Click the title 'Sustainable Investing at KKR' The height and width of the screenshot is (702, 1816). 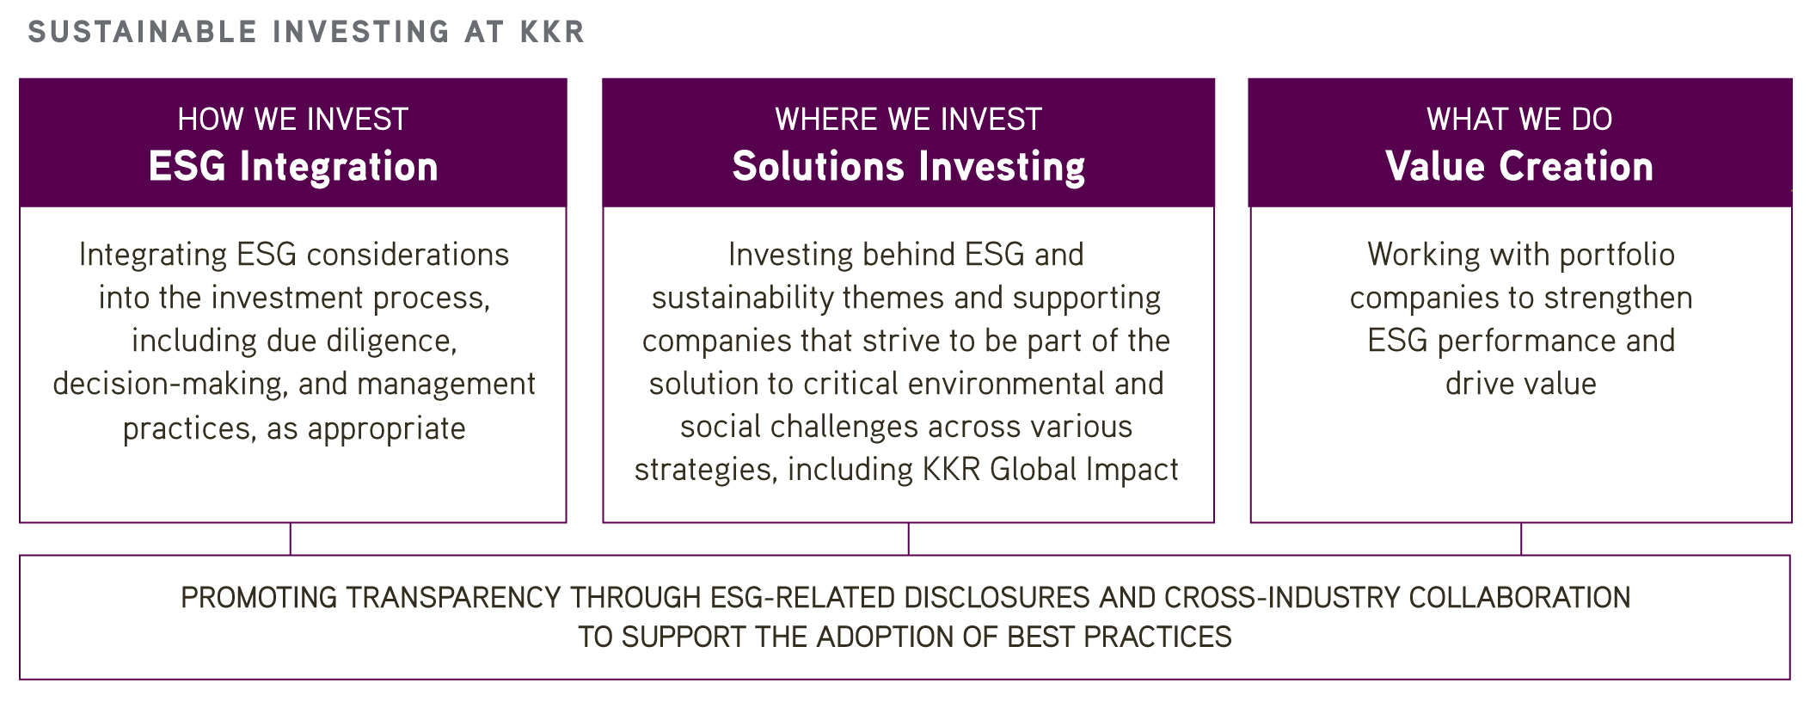click(x=306, y=32)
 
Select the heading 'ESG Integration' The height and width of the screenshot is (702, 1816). click(x=293, y=166)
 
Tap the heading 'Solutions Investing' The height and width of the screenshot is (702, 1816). click(x=908, y=166)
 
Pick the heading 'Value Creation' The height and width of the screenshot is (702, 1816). click(x=1519, y=166)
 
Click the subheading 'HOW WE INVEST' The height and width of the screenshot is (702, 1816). click(x=293, y=119)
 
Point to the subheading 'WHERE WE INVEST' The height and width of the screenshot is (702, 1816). click(x=908, y=119)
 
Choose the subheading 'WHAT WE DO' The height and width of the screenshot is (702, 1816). click(x=1519, y=119)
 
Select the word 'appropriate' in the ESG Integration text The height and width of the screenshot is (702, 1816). click(x=386, y=428)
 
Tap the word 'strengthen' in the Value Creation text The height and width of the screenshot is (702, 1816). click(x=1612, y=298)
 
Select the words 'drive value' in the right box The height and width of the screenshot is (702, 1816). click(x=1520, y=384)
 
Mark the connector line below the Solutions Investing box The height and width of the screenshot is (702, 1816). click(x=909, y=539)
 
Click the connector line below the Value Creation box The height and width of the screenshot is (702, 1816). click(x=1521, y=539)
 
